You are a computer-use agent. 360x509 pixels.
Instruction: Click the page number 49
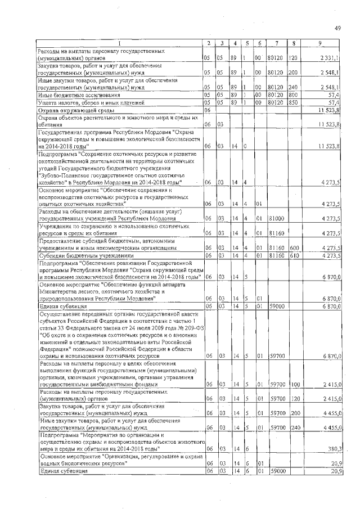[337, 28]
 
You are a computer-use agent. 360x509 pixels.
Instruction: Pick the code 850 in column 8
[293, 102]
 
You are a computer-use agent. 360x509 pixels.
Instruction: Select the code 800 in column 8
[293, 95]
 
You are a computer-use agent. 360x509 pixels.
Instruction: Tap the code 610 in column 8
[293, 255]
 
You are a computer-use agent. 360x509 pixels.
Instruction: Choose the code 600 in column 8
[293, 247]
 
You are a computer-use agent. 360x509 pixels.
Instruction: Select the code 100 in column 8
[293, 384]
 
